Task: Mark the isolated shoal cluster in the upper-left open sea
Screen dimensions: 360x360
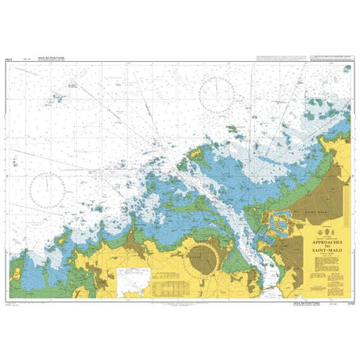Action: pyautogui.click(x=56, y=100)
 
